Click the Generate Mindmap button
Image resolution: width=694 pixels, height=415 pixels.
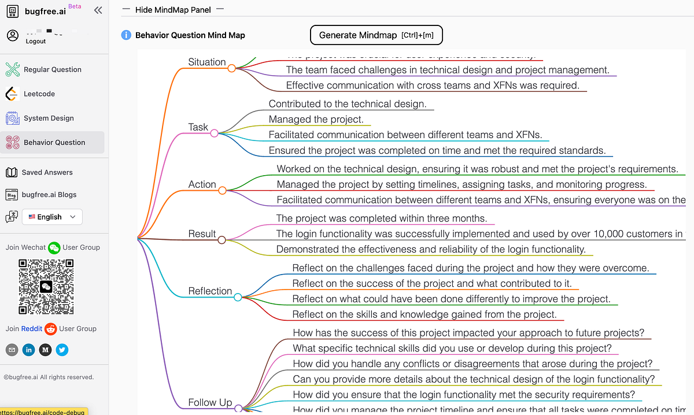tap(376, 35)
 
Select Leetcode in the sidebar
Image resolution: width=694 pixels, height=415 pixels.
tap(39, 94)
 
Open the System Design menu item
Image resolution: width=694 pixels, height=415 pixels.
tap(49, 118)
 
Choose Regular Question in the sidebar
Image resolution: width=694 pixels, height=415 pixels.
tap(52, 69)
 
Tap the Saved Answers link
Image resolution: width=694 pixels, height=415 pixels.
tap(47, 172)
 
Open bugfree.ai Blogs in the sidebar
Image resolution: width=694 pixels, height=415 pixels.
tap(49, 195)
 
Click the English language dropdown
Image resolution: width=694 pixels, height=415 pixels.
tap(52, 217)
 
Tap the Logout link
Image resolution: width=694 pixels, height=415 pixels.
tap(36, 42)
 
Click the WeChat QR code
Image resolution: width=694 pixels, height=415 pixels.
tap(46, 287)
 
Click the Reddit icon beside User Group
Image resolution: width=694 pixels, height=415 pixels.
tap(51, 329)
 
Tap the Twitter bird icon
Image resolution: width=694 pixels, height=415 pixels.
tap(62, 350)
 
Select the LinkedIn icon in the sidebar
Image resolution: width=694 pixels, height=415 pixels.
tap(28, 350)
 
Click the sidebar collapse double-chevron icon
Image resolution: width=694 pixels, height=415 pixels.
tap(98, 10)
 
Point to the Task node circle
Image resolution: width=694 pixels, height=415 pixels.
tap(215, 134)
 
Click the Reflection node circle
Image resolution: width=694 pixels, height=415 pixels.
tap(238, 297)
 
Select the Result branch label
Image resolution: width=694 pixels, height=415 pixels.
tap(202, 234)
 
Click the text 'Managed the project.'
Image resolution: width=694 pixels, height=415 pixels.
tap(316, 120)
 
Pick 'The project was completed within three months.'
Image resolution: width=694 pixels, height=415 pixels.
tap(382, 218)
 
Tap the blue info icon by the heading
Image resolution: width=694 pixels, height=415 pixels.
tap(126, 35)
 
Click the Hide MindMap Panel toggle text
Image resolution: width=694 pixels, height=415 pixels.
tap(173, 10)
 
